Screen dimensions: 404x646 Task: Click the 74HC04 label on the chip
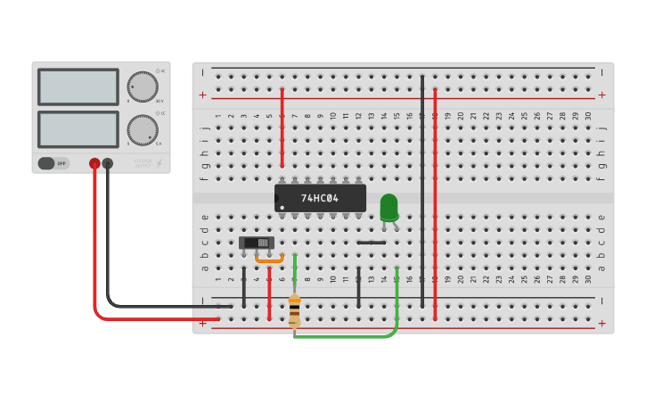319,198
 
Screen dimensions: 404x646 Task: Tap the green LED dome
388,206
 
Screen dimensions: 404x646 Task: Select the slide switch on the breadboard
257,243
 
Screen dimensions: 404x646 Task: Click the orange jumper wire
269,260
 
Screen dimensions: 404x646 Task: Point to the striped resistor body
294,310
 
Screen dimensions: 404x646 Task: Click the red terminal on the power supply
94,163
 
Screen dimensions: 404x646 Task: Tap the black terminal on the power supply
108,163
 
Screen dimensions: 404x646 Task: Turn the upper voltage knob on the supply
143,87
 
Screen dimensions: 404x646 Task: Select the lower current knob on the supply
143,129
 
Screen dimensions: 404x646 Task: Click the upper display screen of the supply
78,87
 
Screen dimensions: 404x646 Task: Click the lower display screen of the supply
78,129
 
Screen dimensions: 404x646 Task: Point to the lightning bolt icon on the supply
159,163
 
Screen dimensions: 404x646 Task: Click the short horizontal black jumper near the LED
372,243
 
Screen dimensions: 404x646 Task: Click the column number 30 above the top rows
588,116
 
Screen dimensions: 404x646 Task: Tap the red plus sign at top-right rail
601,95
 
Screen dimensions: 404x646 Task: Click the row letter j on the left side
204,128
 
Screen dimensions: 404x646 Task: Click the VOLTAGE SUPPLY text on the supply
143,163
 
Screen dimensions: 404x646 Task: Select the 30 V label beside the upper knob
159,101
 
